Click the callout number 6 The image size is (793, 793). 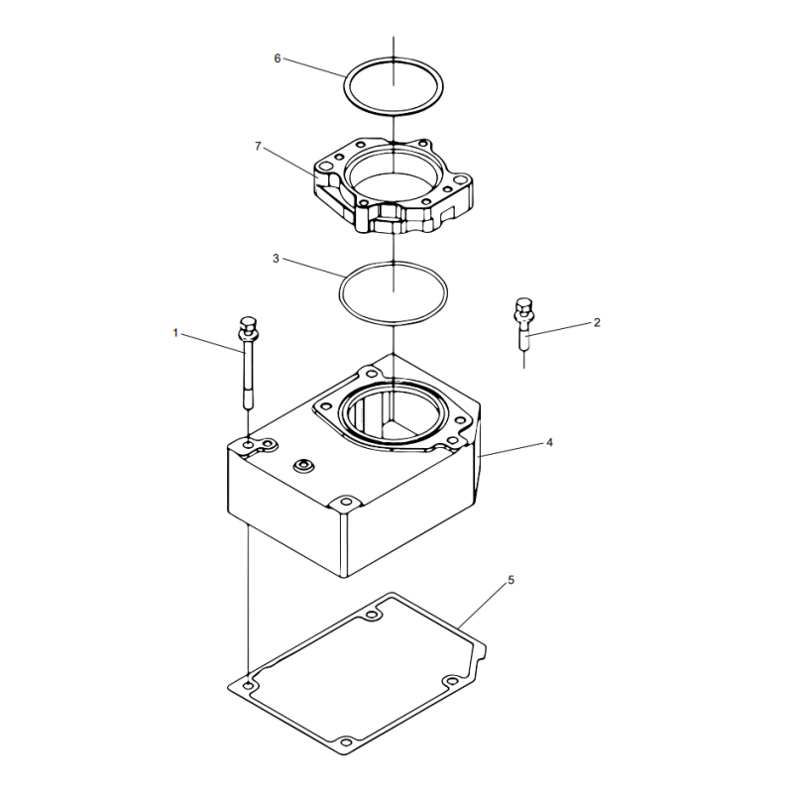278,58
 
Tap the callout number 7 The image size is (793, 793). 258,146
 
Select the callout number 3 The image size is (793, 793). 276,259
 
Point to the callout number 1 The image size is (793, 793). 175,333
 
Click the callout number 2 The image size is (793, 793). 597,322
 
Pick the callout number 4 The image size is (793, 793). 550,442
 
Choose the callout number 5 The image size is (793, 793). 510,580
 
